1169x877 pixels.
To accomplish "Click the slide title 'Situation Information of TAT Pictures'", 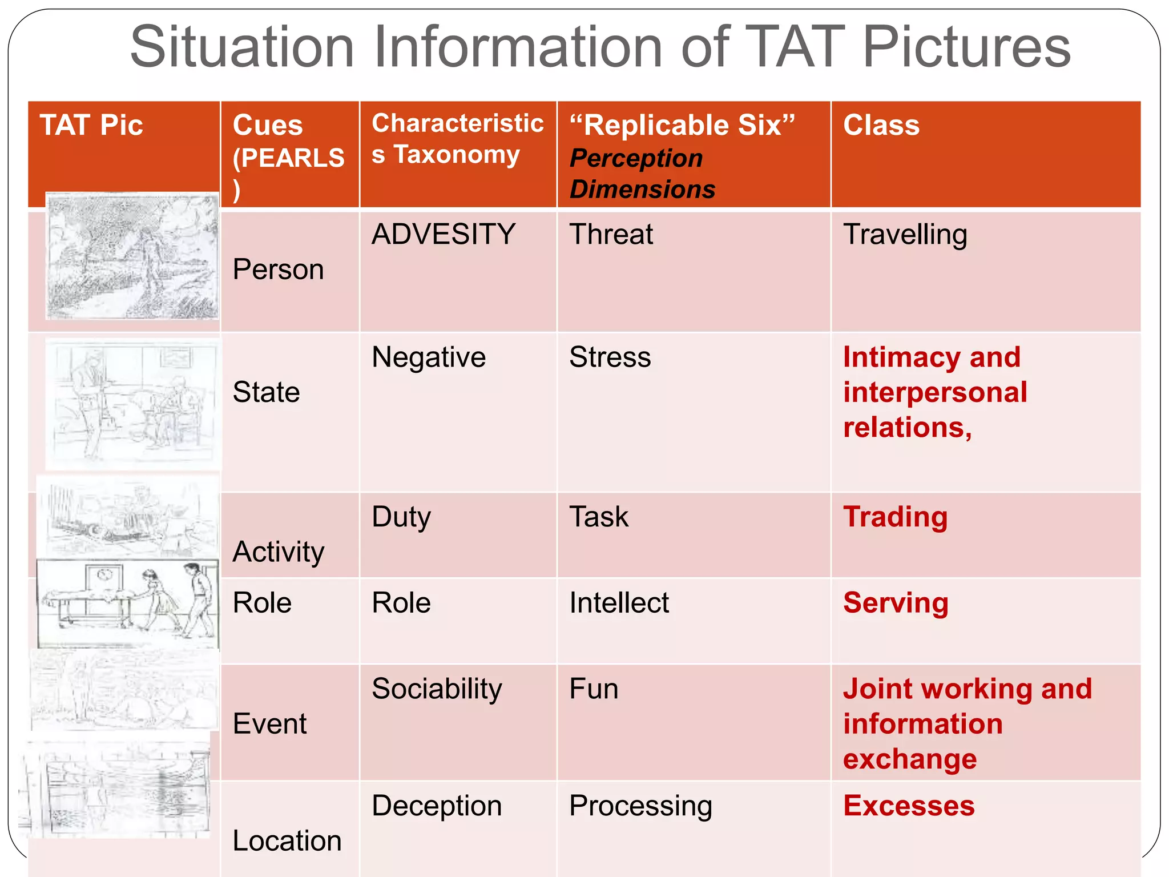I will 600,47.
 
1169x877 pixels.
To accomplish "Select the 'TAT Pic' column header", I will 91,125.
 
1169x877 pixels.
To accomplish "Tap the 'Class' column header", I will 881,125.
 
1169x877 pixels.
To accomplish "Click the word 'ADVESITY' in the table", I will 444,234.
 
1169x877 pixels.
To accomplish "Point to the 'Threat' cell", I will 611,234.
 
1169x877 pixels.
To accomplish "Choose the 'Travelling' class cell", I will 905,235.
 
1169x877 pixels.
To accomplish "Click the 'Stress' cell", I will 610,357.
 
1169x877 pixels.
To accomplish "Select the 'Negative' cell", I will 429,357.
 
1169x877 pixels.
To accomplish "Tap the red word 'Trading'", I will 896,517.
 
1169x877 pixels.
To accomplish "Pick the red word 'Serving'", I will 896,603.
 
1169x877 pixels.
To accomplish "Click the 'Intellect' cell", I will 619,603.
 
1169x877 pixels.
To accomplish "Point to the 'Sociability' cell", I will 437,689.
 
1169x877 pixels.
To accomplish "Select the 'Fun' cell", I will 594,689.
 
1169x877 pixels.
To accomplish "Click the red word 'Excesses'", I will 909,806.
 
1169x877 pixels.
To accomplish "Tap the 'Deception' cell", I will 437,806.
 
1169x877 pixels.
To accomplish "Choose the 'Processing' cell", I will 641,806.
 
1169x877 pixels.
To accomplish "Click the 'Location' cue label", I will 287,840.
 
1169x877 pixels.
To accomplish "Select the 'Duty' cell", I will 401,517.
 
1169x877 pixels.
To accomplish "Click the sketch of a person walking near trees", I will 132,256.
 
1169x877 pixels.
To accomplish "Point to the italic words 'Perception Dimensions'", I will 642,174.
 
